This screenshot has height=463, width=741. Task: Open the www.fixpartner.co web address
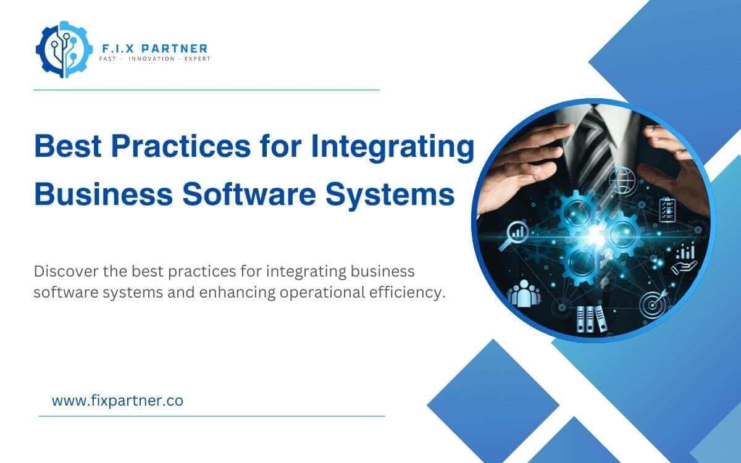pos(117,401)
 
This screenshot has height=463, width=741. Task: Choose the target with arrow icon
pos(654,302)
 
